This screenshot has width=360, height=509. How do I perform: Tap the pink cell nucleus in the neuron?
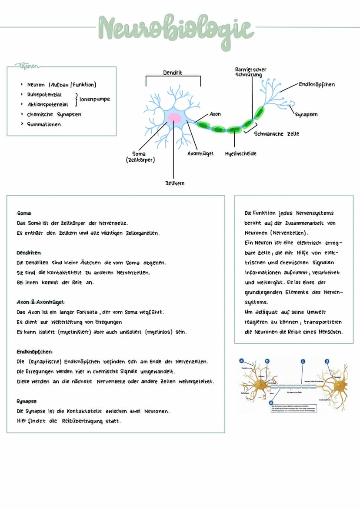click(x=175, y=117)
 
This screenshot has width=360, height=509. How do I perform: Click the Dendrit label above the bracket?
click(x=173, y=73)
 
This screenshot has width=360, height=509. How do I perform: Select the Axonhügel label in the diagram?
click(x=200, y=153)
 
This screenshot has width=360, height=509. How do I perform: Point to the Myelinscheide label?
click(x=240, y=153)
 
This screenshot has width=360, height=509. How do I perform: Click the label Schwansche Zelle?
click(x=277, y=133)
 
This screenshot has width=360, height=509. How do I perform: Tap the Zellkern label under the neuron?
click(x=175, y=183)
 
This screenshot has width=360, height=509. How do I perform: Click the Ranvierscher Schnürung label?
click(x=250, y=72)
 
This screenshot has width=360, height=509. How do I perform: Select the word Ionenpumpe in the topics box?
click(x=95, y=99)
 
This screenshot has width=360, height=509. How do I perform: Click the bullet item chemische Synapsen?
click(x=54, y=114)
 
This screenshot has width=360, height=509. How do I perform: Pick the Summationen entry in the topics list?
click(x=44, y=124)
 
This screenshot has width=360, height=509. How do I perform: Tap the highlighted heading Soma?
click(x=24, y=213)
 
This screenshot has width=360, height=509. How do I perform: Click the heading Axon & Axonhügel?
click(x=40, y=302)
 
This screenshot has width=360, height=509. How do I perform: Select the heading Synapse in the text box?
click(x=27, y=401)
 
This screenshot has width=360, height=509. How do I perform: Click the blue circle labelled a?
click(x=241, y=360)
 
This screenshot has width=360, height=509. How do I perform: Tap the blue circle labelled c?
click(x=303, y=360)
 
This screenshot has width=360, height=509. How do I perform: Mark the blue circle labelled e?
click(x=271, y=403)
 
